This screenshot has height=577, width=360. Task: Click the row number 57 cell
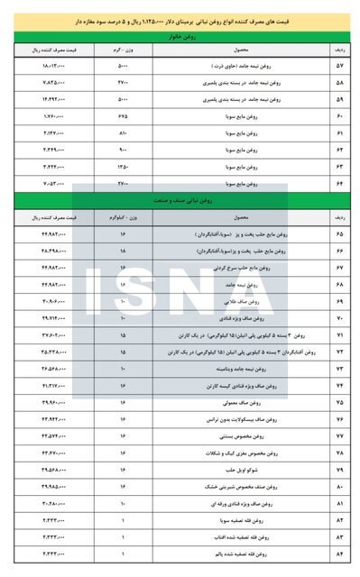coord(338,67)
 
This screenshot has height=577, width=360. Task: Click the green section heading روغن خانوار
coord(180,36)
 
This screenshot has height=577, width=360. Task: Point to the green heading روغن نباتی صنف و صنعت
coord(180,198)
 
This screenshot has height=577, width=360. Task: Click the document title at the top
coord(180,18)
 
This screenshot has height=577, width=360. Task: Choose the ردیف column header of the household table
coord(338,50)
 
